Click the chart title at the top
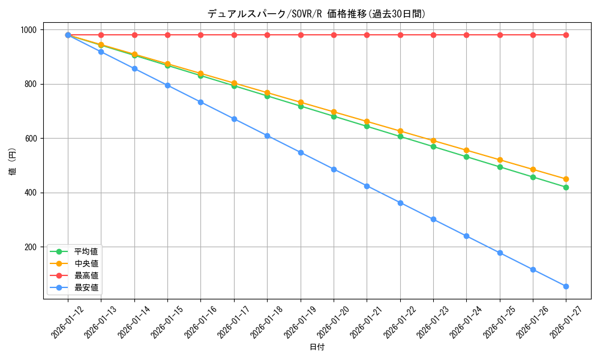tap(317, 14)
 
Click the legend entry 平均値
tap(86, 251)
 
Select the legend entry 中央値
tap(86, 263)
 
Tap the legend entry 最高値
tap(86, 275)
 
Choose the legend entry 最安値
tap(86, 287)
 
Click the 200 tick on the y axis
tap(30, 247)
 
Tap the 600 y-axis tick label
tap(30, 139)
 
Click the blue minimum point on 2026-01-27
tap(566, 286)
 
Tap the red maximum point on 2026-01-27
tap(566, 35)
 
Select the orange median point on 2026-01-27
tap(566, 179)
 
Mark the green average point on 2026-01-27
tap(566, 187)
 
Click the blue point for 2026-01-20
tap(334, 169)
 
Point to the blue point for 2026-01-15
tap(167, 85)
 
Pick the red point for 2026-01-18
tap(267, 35)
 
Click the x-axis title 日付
tap(317, 347)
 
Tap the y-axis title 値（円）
tap(13, 162)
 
